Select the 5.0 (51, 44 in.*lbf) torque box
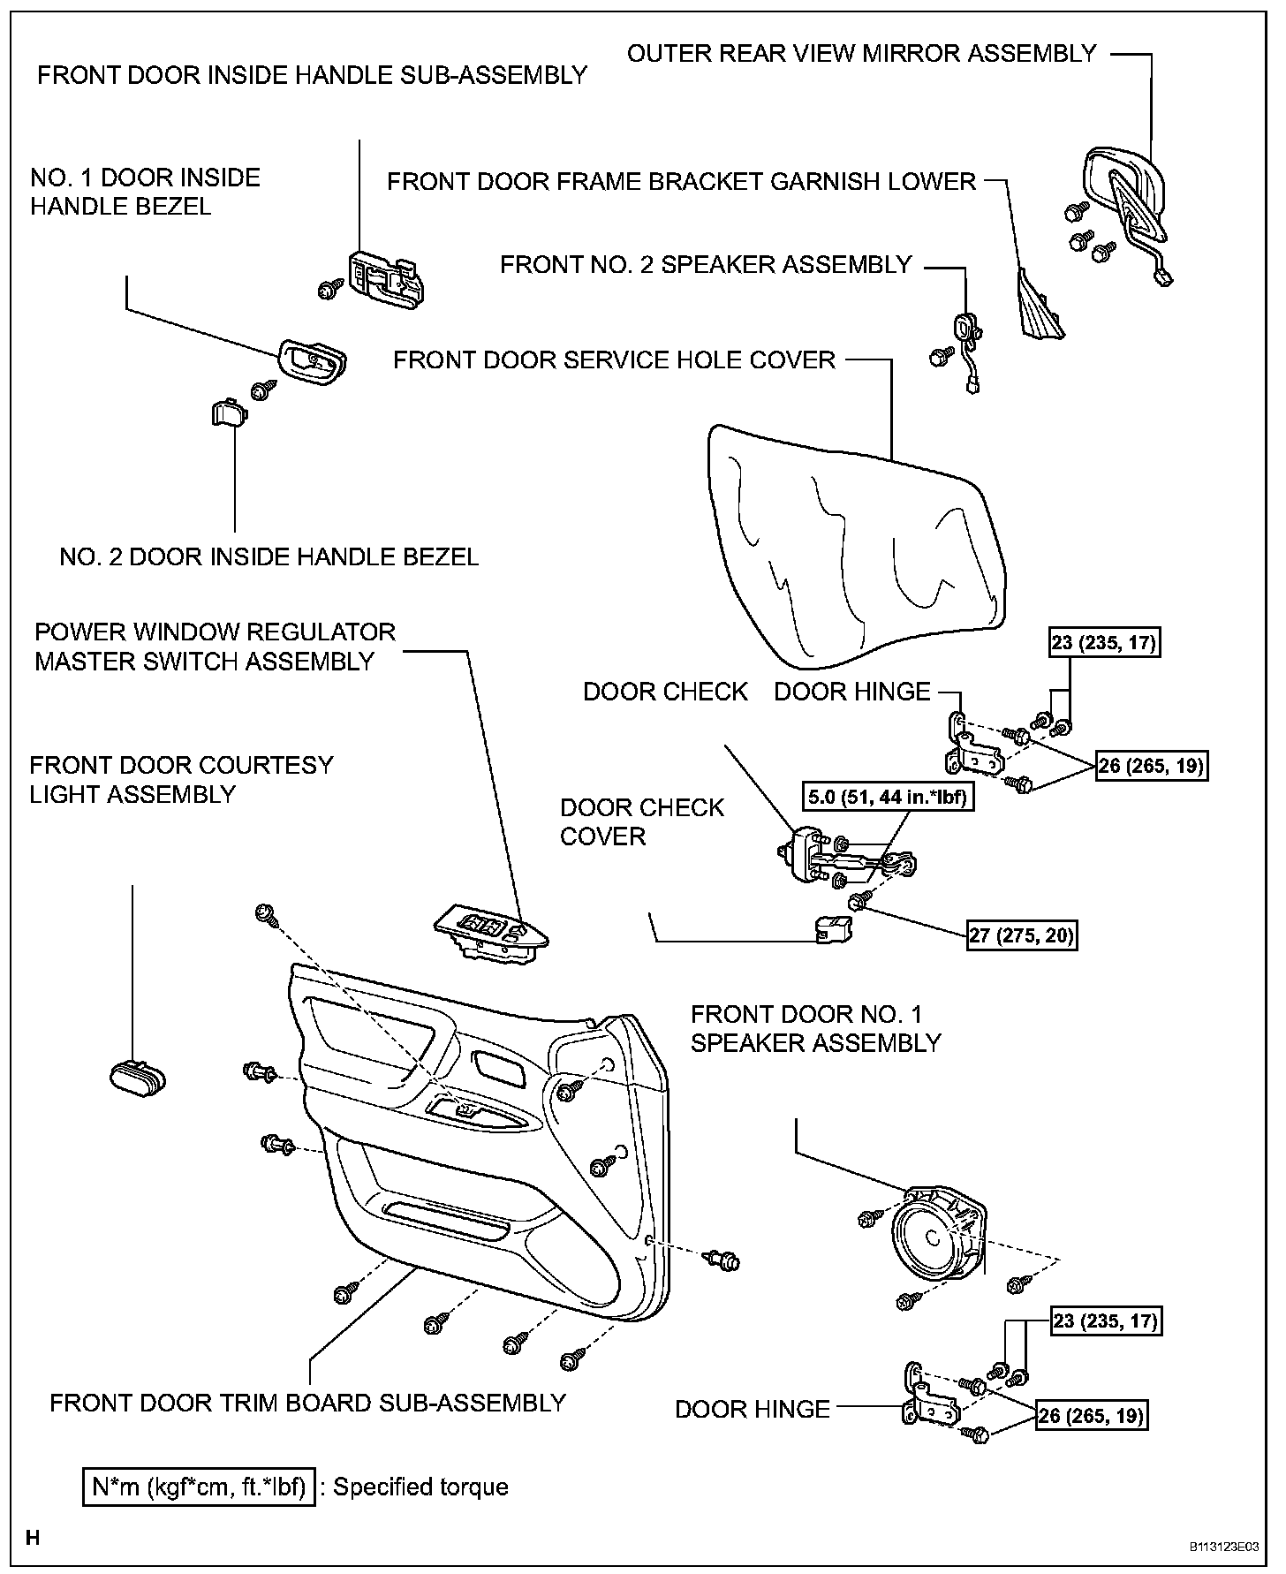pyautogui.click(x=887, y=798)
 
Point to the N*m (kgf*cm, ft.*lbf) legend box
pyautogui.click(x=199, y=1487)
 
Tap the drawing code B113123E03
pyautogui.click(x=1222, y=1548)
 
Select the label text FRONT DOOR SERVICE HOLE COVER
pyautogui.click(x=614, y=360)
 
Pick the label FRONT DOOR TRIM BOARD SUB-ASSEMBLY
pyautogui.click(x=307, y=1404)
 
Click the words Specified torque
pyautogui.click(x=420, y=1487)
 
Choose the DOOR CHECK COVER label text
pyautogui.click(x=641, y=821)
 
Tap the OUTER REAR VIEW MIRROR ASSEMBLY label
pyautogui.click(x=861, y=54)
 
